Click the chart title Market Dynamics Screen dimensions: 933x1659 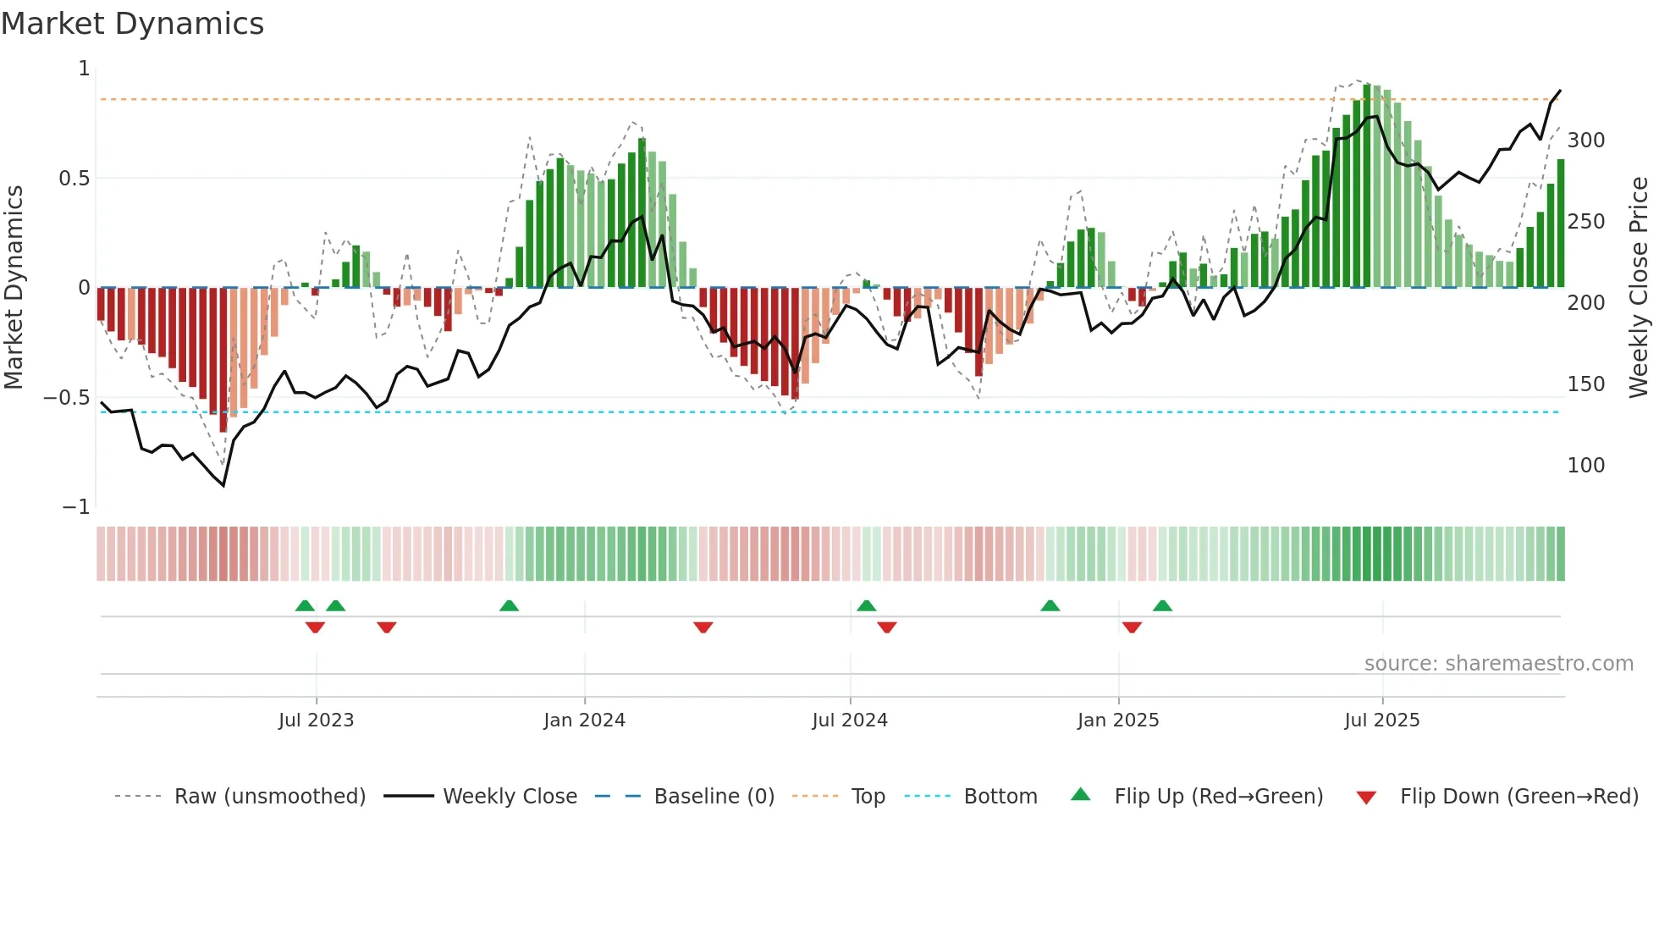point(132,24)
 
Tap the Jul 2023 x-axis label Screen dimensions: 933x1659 point(316,720)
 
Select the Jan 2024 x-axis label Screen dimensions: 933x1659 point(584,720)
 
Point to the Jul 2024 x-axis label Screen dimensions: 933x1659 point(850,720)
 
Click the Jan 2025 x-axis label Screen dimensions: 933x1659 point(1118,720)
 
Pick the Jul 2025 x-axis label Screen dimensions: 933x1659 point(1382,720)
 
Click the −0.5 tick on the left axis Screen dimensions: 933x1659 point(67,398)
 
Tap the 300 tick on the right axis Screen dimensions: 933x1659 point(1585,141)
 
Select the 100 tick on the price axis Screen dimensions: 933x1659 point(1585,466)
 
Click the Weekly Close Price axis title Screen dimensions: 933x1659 point(1639,288)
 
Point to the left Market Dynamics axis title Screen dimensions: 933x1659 point(14,288)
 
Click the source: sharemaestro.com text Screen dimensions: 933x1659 point(1498,664)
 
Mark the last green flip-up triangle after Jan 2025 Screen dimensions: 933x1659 point(1162,606)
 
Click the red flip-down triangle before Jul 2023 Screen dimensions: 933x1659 point(315,627)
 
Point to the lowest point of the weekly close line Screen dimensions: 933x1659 point(223,486)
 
